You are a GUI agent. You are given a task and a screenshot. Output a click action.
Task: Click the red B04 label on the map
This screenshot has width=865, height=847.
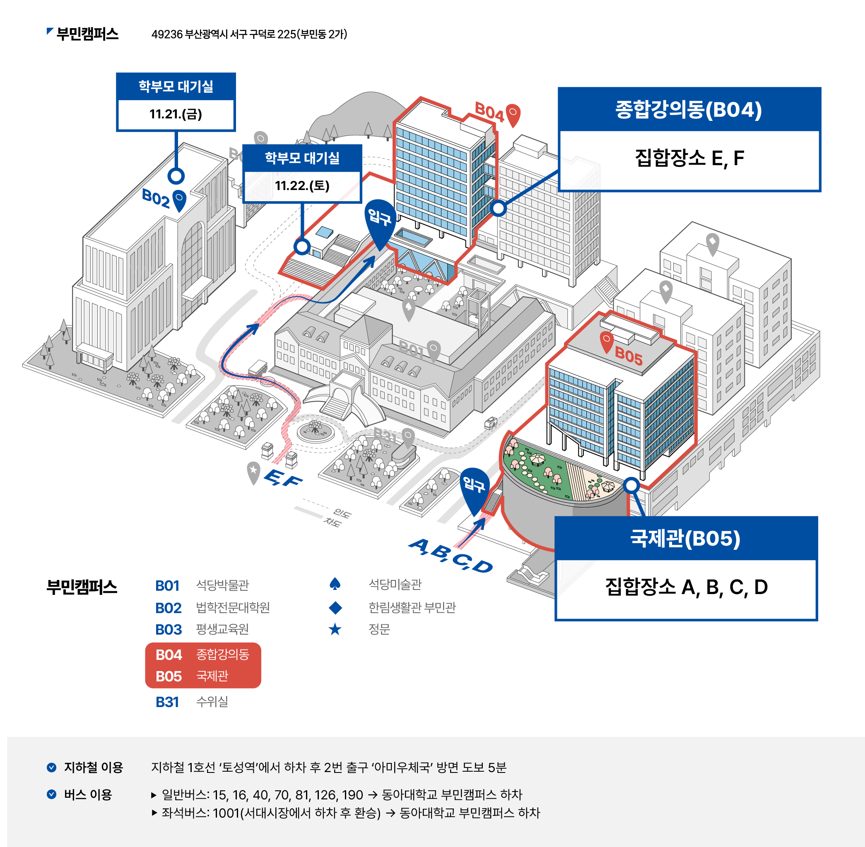pos(489,112)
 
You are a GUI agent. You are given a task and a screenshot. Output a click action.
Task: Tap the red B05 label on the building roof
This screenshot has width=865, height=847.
pos(628,356)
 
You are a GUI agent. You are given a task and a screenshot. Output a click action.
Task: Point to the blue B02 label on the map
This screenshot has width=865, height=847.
pos(155,198)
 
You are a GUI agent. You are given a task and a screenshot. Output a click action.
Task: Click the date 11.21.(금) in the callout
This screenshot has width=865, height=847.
pos(176,114)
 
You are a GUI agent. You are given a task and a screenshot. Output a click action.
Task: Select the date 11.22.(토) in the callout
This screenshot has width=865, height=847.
pos(302,185)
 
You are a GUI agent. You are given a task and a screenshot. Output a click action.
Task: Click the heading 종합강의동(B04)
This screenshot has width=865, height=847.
pos(688,109)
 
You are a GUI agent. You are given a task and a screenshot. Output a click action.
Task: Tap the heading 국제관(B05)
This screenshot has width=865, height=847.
pos(685,538)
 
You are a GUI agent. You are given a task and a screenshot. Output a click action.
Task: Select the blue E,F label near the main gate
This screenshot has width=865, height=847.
pos(283,479)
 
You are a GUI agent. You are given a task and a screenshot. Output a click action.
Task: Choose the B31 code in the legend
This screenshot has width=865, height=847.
pos(167,702)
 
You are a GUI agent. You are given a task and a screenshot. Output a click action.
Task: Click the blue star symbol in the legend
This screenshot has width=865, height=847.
pos(335,629)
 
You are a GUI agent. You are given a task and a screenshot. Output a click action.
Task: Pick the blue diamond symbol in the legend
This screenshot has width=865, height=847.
pos(335,608)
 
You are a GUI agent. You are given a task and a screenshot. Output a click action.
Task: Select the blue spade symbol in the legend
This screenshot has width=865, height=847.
pos(335,584)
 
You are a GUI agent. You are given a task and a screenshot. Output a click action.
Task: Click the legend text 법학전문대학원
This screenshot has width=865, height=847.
pos(233,608)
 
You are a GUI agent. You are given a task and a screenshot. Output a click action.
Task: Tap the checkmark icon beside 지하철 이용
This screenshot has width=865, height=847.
pos(52,768)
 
